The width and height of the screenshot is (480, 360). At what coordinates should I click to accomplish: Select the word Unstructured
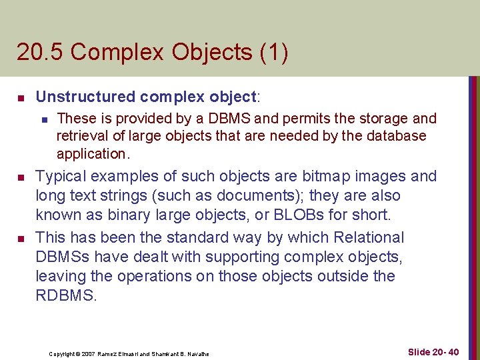85,97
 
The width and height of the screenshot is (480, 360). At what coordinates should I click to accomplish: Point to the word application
90,153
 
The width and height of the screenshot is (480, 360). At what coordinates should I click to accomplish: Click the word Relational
371,237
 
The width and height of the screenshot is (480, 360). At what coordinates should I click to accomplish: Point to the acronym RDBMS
65,295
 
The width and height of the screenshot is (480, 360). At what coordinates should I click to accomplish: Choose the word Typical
60,177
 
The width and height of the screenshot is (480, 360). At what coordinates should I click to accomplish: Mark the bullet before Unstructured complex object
21,98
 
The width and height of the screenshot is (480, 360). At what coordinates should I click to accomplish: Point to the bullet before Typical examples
21,178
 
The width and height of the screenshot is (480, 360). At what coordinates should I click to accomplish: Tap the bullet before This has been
21,239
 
